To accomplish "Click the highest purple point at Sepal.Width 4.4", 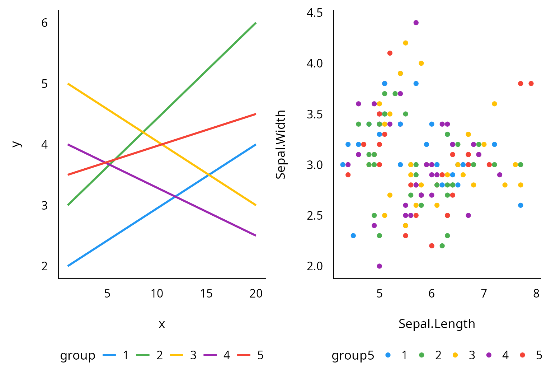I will tap(416, 23).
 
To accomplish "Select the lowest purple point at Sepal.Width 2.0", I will tap(380, 266).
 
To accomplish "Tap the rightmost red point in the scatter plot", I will tap(531, 84).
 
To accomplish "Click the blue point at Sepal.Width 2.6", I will tap(521, 205).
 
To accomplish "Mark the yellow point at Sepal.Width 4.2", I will tap(405, 43).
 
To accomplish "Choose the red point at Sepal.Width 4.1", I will tap(390, 53).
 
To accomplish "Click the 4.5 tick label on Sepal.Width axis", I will tap(315, 13).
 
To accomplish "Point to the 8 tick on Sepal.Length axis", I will tap(536, 294).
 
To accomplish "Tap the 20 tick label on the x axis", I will tap(256, 294).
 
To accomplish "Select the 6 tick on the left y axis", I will tap(44, 23).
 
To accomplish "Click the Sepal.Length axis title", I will tap(437, 324).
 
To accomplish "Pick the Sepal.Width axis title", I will tap(281, 144).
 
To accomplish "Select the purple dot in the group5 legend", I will tap(489, 355).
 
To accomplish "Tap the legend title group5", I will tap(353, 355).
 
